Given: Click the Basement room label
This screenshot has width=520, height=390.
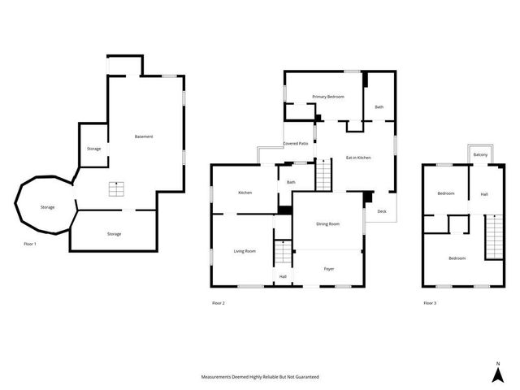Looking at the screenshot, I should point(144,136).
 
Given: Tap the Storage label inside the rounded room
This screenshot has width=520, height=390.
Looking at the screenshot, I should point(48,207).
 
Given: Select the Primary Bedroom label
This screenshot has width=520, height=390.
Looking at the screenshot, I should point(328,97).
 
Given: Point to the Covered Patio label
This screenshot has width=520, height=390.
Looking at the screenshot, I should point(295,143).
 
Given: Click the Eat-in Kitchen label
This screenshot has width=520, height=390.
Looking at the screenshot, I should point(358,158).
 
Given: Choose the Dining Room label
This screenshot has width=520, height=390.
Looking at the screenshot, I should point(327,223).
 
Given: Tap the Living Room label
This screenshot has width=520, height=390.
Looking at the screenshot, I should point(245,251).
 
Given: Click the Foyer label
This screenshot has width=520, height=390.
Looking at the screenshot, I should point(329,269).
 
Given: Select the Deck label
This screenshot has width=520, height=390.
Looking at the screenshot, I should point(382,211).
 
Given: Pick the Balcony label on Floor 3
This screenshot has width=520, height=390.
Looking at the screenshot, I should point(480,154).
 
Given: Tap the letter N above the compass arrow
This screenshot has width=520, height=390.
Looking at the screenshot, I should point(498,362).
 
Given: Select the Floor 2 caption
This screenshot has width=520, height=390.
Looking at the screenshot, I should point(218,303).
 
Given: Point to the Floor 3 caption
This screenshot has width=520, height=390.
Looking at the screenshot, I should point(429,303).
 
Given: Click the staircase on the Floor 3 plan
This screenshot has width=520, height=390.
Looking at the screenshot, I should point(495,236).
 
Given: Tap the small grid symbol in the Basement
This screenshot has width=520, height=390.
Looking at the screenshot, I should point(119,189).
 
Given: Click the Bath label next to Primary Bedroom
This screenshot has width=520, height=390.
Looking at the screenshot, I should point(379,107).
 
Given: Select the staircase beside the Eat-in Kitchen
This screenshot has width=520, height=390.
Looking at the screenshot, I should point(324,175).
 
